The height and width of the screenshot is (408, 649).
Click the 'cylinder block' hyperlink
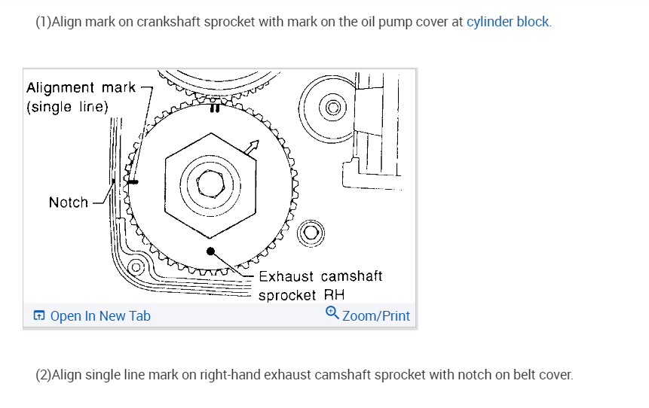click(507, 22)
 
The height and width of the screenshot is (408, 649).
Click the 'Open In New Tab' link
click(100, 316)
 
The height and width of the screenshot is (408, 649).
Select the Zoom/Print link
click(376, 316)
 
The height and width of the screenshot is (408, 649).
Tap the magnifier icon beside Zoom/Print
click(332, 313)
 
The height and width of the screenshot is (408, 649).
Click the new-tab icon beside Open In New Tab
click(40, 316)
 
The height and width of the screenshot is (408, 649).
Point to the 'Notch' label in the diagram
click(68, 202)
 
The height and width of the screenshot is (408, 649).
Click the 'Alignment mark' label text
click(81, 88)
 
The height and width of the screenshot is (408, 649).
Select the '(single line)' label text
click(68, 107)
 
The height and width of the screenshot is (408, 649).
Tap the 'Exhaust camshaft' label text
click(320, 276)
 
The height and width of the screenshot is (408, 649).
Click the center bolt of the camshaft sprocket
click(208, 179)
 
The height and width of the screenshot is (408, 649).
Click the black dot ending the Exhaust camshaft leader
click(211, 251)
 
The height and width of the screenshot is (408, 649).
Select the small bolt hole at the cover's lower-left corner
click(136, 267)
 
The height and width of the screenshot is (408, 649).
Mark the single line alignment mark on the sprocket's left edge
click(133, 181)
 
